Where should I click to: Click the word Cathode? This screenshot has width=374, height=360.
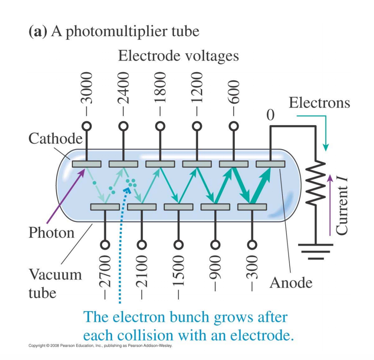tap(55, 139)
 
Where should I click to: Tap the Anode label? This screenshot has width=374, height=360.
tap(291, 282)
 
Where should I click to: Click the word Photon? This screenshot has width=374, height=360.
tap(51, 233)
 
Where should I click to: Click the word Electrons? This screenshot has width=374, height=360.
tap(319, 103)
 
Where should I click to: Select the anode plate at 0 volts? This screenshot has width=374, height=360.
tap(271, 164)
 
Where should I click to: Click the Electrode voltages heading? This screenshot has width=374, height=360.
tap(179, 56)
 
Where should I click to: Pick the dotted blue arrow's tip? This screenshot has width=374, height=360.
tap(129, 188)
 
